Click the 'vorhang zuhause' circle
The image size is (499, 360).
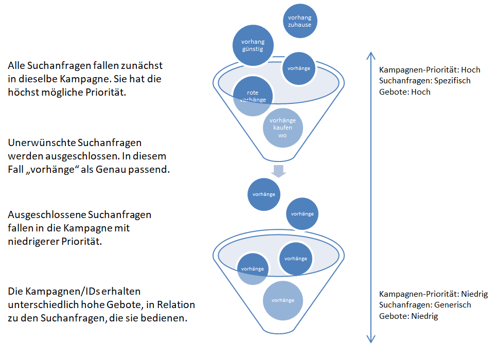click(x=300, y=21)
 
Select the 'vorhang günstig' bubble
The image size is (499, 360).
click(x=253, y=45)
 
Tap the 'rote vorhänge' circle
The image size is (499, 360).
click(x=253, y=96)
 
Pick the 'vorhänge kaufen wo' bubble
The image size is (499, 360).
click(x=282, y=128)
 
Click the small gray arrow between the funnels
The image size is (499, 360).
click(x=278, y=171)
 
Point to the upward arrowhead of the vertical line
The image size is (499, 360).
click(x=371, y=56)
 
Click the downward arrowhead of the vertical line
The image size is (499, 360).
click(x=371, y=339)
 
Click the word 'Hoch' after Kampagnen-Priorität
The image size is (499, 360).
click(x=470, y=69)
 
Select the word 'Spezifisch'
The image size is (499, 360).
click(x=452, y=81)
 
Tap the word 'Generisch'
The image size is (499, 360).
click(x=453, y=304)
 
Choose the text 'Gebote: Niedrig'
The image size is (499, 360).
click(x=408, y=316)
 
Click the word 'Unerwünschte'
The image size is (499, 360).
click(x=43, y=143)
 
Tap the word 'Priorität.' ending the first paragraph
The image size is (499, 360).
click(x=105, y=92)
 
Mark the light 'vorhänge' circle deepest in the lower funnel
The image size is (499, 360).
click(x=282, y=300)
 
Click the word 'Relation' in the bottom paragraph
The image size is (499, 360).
click(x=176, y=304)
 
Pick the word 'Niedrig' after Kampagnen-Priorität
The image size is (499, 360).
click(x=474, y=294)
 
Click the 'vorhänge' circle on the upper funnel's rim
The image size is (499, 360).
click(x=299, y=68)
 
